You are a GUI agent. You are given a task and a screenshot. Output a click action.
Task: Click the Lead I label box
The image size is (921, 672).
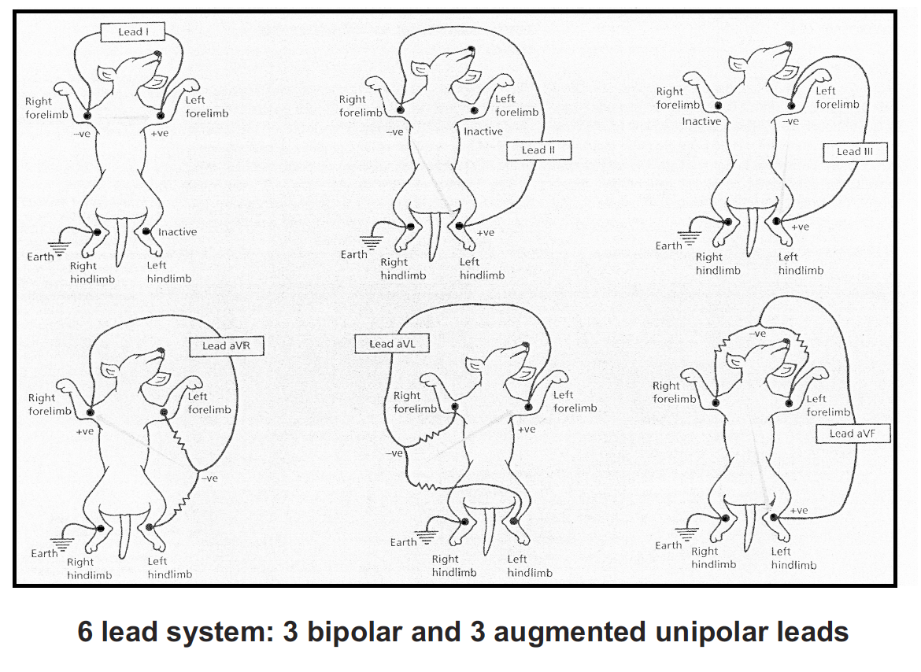130,31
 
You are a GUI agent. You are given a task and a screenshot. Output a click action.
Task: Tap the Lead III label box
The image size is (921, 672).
856,151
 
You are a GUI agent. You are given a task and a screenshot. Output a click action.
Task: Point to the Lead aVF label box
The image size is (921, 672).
858,433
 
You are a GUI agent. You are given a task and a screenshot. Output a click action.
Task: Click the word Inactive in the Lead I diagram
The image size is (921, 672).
177,232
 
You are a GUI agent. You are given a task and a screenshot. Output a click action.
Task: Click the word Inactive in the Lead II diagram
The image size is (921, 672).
483,131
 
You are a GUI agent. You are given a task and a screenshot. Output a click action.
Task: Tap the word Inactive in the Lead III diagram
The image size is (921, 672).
701,122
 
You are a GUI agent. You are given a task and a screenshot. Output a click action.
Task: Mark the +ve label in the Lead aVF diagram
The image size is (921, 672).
799,510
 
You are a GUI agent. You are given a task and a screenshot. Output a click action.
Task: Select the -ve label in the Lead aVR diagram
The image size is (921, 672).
209,478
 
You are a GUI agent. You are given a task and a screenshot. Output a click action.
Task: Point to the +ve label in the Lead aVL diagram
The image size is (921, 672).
526,429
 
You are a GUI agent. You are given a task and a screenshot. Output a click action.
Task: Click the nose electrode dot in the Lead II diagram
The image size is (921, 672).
472,50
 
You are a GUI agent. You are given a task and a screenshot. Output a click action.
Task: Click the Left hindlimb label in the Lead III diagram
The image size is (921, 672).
801,264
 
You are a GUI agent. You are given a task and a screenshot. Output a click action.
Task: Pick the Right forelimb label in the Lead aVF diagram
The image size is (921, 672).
675,392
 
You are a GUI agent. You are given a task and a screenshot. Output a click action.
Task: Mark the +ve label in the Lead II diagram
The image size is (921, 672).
486,233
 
